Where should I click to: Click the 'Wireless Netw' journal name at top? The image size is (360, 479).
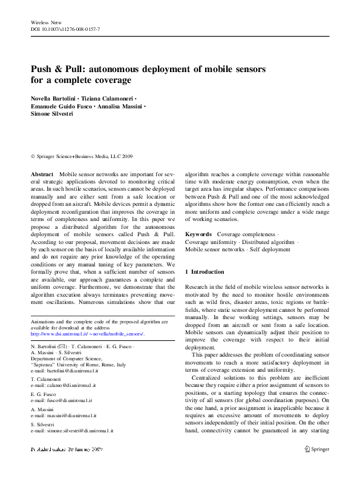coord(46,22)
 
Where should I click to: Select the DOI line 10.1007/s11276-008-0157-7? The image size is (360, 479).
coord(65,29)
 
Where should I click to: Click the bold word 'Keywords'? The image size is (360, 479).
coord(198,234)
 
